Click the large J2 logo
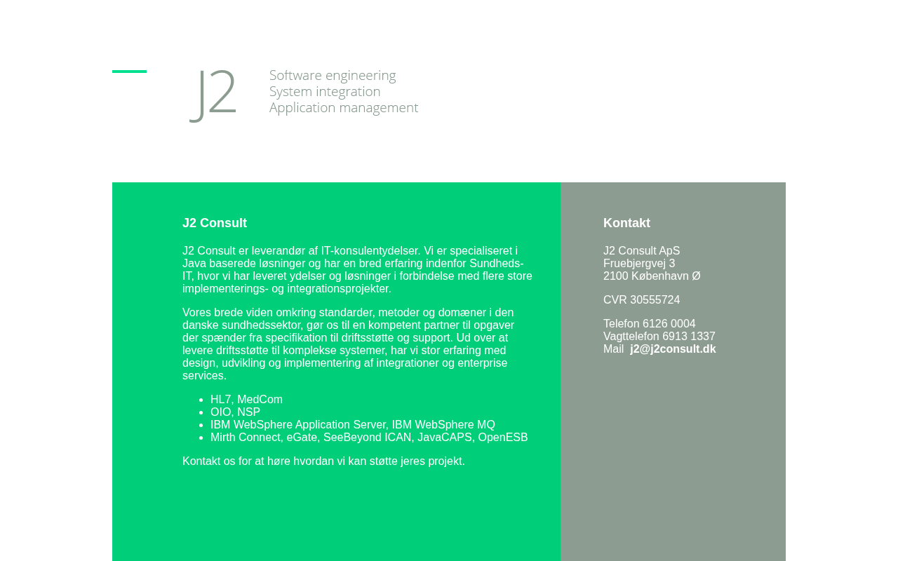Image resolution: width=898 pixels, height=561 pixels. click(x=214, y=93)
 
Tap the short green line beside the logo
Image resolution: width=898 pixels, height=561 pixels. click(x=129, y=72)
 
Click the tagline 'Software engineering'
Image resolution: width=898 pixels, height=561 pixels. click(x=333, y=76)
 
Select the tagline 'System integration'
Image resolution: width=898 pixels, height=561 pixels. click(x=325, y=92)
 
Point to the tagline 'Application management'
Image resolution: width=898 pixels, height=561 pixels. click(x=344, y=108)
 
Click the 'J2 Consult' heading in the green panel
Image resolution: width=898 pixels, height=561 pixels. click(x=215, y=223)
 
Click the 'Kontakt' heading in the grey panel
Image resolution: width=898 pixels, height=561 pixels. click(x=626, y=223)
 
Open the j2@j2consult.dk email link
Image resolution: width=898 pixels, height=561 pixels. click(x=673, y=349)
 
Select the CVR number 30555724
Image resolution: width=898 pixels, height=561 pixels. click(x=655, y=300)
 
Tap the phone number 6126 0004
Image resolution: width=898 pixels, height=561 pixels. click(x=669, y=324)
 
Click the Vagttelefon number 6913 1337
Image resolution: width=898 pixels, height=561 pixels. click(x=688, y=337)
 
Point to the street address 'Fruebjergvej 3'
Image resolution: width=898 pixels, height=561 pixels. click(x=639, y=264)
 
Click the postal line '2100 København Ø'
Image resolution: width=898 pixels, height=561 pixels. click(x=652, y=276)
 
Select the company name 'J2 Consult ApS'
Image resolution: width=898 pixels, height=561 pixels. click(x=641, y=251)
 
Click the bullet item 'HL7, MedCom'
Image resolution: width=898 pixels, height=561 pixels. click(x=246, y=400)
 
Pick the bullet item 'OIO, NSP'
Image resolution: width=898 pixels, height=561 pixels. click(x=235, y=412)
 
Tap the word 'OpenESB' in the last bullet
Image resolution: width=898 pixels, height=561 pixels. click(x=503, y=438)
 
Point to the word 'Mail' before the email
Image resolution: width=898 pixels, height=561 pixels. click(x=613, y=349)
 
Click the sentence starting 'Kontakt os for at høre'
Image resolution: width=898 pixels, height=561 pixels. click(x=323, y=461)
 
